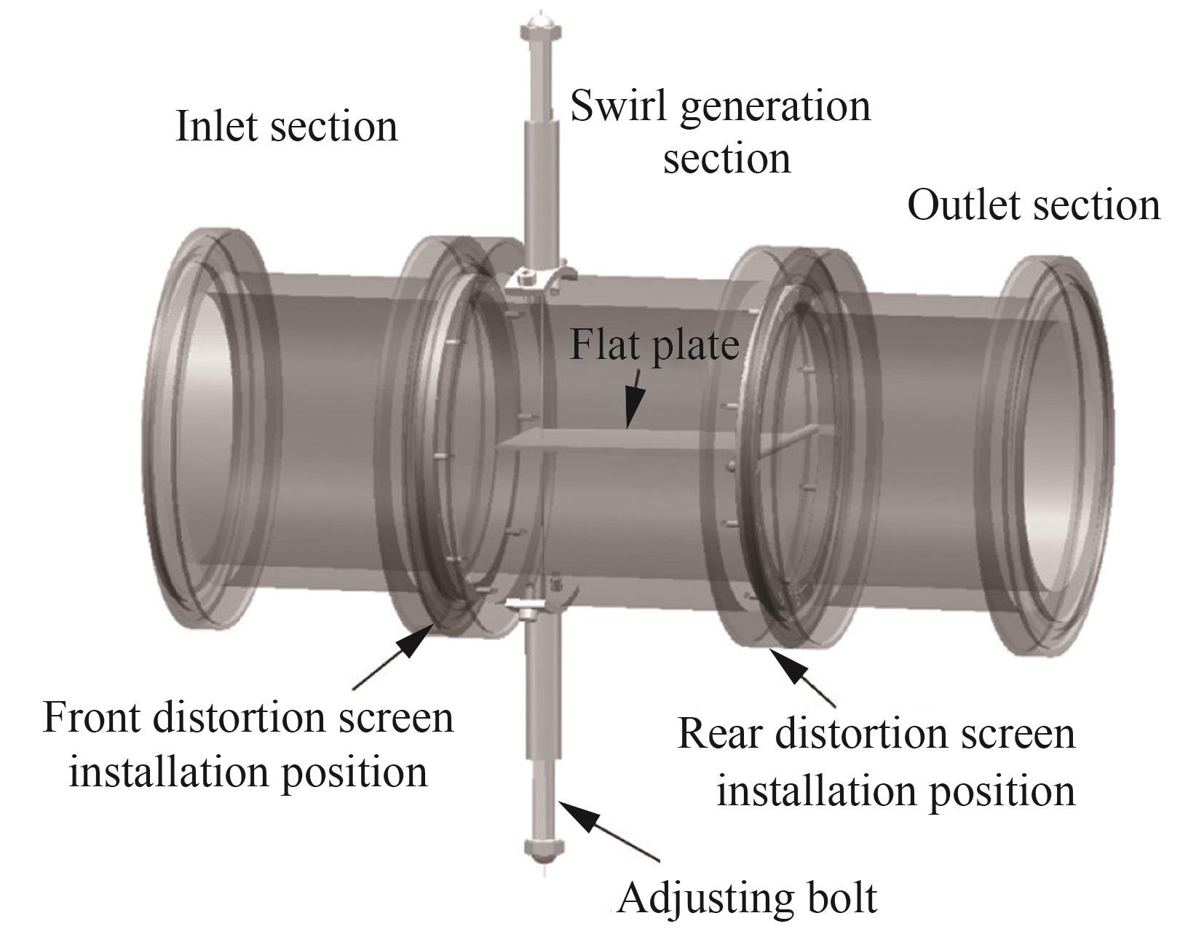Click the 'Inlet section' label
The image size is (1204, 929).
tap(286, 127)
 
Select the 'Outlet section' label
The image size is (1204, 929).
tap(1033, 205)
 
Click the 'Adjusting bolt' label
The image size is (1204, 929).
tap(748, 898)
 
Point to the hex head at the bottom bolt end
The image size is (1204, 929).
tap(543, 847)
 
